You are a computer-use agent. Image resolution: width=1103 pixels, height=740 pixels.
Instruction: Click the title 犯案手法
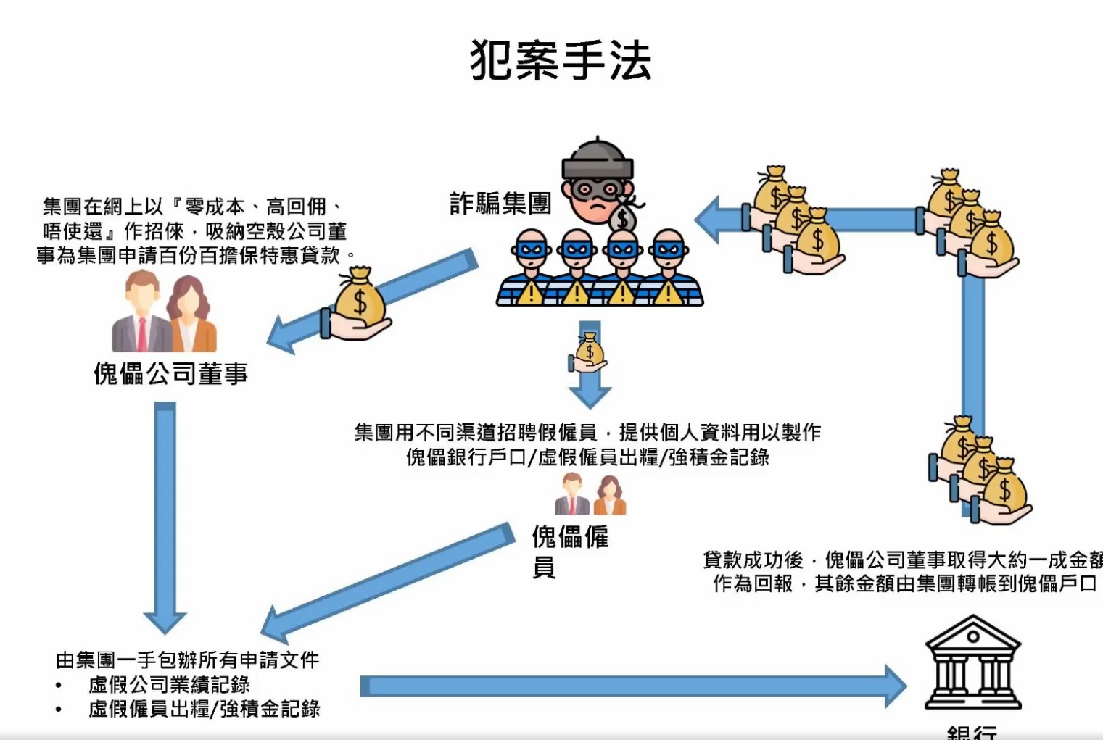click(560, 59)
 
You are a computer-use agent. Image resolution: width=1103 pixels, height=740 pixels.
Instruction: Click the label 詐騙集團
click(500, 204)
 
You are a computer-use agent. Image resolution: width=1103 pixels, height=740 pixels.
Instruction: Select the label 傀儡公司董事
click(171, 374)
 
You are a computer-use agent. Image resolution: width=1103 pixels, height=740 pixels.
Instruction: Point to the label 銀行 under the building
click(972, 732)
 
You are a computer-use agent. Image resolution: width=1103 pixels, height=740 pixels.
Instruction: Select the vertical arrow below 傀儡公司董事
click(165, 515)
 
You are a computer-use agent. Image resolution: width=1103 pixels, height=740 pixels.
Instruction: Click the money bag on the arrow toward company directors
click(358, 304)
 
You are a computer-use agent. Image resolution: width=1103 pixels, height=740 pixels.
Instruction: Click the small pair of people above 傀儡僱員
click(590, 495)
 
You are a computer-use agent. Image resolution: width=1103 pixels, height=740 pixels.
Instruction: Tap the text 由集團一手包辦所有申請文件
click(187, 660)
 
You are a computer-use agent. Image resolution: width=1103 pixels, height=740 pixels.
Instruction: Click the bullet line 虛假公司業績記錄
click(169, 685)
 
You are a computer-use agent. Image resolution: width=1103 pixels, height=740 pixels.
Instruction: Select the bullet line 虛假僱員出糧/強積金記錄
click(204, 710)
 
